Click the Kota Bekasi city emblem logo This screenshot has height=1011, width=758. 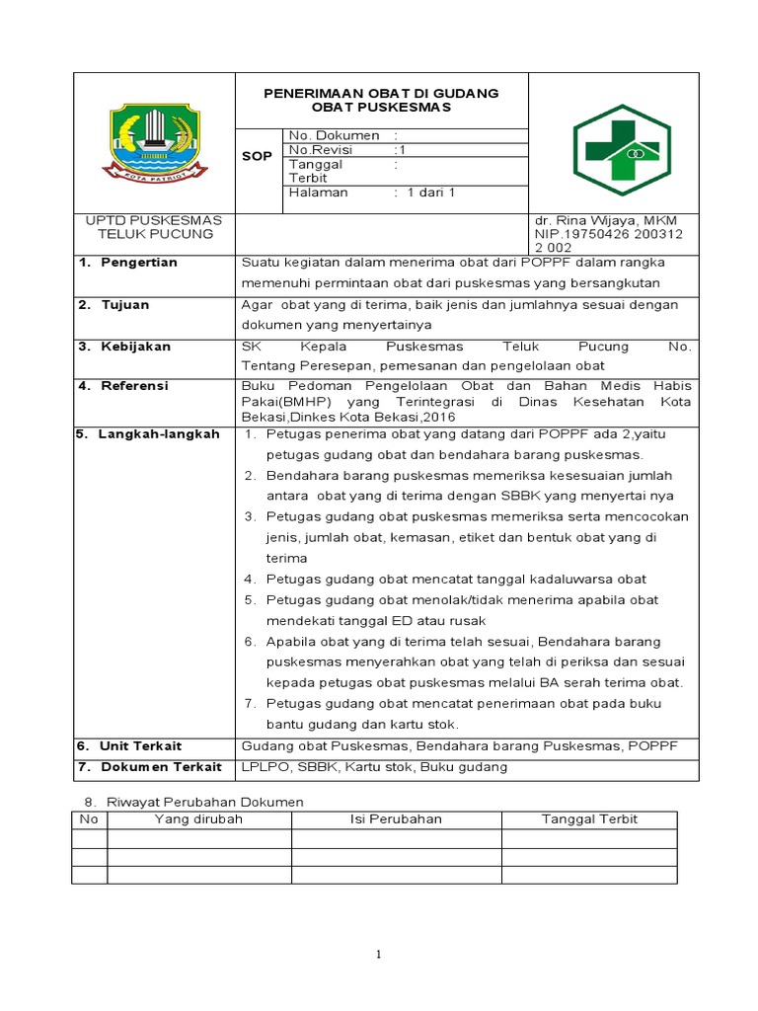click(152, 142)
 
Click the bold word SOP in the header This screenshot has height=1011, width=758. click(257, 156)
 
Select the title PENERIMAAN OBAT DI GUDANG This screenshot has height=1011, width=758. click(380, 93)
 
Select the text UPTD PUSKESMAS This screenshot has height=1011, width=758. click(153, 219)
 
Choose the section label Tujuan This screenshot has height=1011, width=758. click(125, 305)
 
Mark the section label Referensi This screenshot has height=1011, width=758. click(135, 386)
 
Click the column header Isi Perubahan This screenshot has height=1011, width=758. click(396, 819)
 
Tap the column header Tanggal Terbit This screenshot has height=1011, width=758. click(589, 819)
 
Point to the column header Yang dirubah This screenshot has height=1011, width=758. click(198, 819)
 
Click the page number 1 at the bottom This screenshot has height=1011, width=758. click(378, 954)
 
